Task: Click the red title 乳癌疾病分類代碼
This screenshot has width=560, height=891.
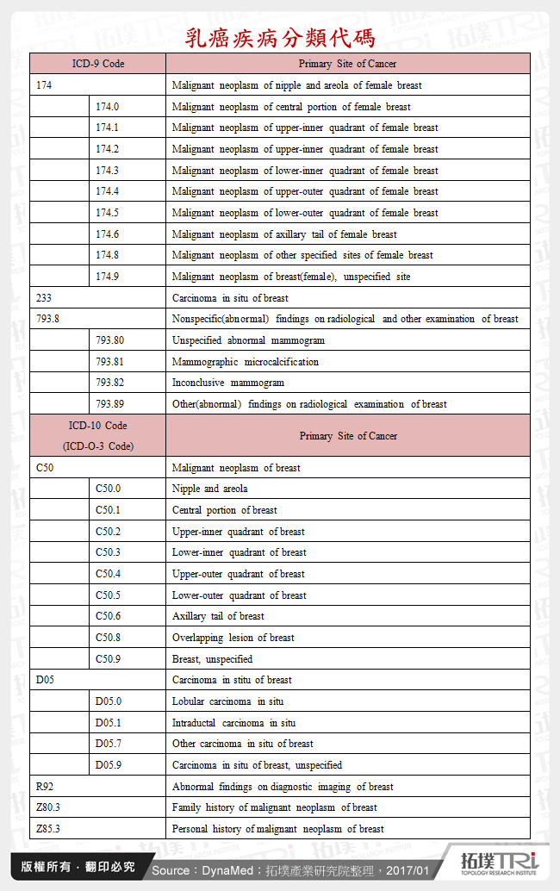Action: click(x=280, y=38)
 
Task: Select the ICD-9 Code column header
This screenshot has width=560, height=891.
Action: click(x=97, y=64)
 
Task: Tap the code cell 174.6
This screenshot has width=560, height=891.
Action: click(x=108, y=234)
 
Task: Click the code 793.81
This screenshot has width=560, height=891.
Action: click(x=109, y=362)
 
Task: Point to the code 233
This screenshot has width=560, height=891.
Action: click(x=44, y=298)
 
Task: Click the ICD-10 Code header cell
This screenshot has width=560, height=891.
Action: click(x=97, y=435)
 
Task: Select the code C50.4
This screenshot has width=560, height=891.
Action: click(x=108, y=574)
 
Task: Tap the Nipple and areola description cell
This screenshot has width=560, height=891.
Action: click(x=209, y=489)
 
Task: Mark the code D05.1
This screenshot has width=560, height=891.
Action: click(x=109, y=723)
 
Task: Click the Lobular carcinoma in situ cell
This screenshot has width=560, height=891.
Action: click(x=227, y=701)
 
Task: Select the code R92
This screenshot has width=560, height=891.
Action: click(x=45, y=787)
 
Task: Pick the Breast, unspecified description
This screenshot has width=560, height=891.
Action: click(x=212, y=659)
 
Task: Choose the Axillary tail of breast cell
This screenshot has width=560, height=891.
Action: click(x=218, y=616)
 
